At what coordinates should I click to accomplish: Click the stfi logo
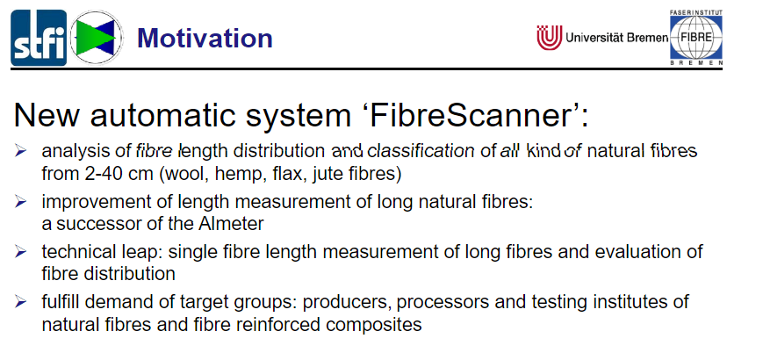pos(39,38)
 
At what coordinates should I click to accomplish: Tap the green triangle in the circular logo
pos(91,38)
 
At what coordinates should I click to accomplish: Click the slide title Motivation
pos(205,38)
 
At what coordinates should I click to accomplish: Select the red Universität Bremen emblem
pos(550,38)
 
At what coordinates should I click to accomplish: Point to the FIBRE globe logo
pos(696,38)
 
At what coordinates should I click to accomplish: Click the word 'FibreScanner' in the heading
pos(479,116)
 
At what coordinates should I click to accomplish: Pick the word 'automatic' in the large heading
pos(221,116)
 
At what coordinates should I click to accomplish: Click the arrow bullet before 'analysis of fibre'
pos(20,151)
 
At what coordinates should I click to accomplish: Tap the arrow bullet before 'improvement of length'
pos(20,201)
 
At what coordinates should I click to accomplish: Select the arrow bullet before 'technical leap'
pos(20,252)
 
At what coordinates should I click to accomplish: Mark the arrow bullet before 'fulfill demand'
pos(20,302)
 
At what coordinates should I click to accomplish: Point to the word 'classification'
pos(421,151)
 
